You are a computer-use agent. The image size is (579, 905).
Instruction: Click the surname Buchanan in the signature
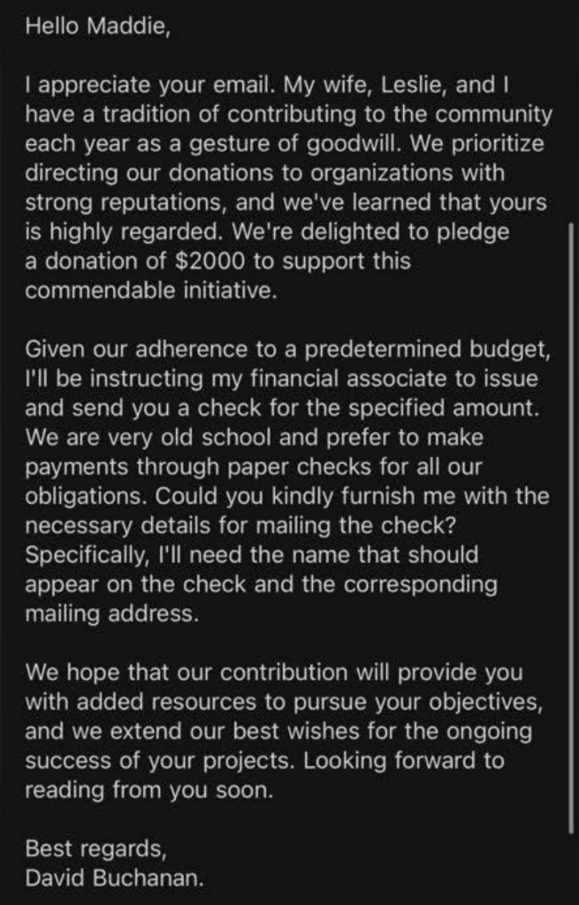coord(146,878)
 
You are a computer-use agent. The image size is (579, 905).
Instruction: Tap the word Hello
coord(54,27)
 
